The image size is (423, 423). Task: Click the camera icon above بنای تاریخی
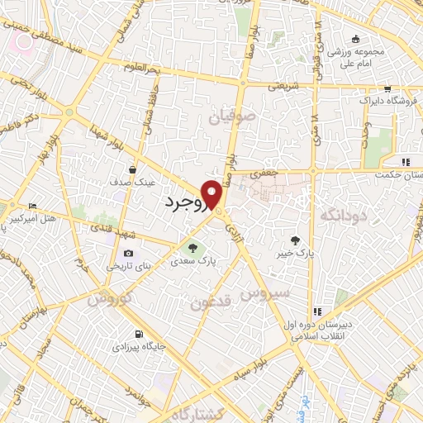coord(128,254)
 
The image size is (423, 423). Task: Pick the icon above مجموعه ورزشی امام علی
coord(356,38)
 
